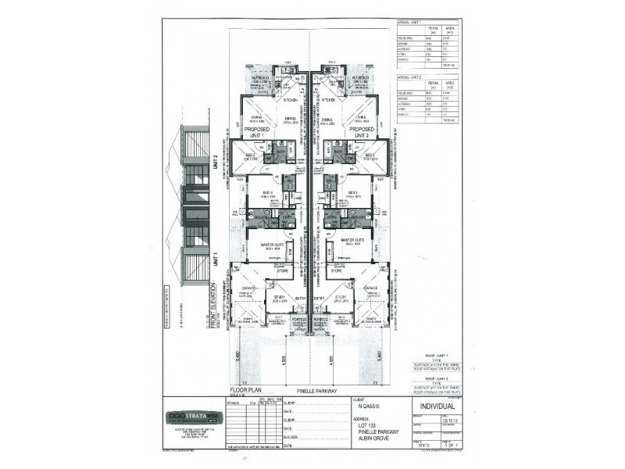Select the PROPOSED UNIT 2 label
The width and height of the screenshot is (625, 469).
pos(360,132)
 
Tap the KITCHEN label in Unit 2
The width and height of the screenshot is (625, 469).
pos(327,100)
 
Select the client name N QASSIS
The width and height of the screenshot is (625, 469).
pos(368,406)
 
